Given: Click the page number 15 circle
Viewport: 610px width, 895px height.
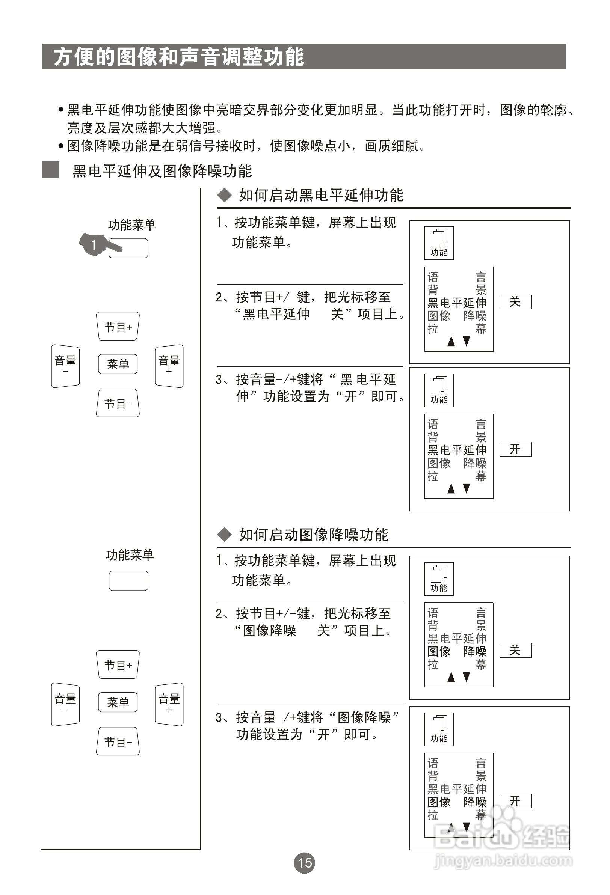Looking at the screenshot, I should click(304, 863).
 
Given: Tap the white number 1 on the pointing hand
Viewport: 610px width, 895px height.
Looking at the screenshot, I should click(93, 244).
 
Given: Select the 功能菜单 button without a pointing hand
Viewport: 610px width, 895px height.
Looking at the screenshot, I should click(128, 580).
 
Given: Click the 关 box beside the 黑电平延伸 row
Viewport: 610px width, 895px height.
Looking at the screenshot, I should click(515, 302).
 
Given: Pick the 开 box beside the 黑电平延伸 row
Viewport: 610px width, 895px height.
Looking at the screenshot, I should click(515, 449).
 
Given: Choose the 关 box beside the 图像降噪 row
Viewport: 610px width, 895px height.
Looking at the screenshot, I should click(515, 651).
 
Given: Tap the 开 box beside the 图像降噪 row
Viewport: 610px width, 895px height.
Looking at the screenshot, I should click(515, 801).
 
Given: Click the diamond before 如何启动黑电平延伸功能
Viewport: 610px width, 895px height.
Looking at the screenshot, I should click(224, 195).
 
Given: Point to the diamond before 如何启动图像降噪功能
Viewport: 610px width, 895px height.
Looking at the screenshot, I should click(224, 535).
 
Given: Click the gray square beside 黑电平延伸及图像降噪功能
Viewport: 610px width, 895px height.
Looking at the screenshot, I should click(50, 170).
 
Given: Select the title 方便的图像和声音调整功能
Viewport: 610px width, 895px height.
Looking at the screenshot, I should click(179, 57).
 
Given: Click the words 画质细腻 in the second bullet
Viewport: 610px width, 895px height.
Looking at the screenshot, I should click(391, 146).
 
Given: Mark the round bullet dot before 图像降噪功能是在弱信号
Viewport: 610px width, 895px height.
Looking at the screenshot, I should click(61, 146).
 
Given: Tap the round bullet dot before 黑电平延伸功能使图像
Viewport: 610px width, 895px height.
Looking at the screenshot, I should click(61, 110).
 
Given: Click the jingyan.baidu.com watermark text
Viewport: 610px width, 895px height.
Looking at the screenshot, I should click(503, 861).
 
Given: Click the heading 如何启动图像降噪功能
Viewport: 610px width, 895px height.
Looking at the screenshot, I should click(314, 535).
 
